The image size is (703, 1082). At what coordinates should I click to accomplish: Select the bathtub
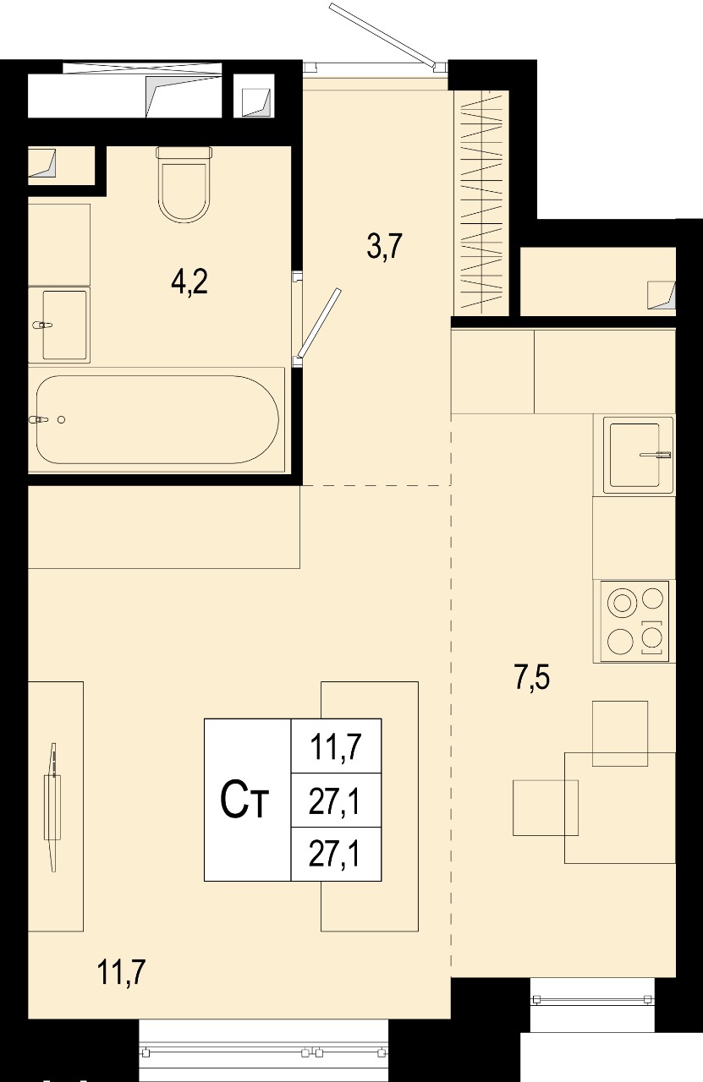point(157,420)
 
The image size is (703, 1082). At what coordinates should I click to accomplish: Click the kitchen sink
point(634,455)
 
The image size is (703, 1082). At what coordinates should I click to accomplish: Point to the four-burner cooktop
point(634,621)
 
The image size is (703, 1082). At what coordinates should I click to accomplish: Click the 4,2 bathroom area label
point(189,282)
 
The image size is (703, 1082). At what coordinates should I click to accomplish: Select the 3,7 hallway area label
point(384,246)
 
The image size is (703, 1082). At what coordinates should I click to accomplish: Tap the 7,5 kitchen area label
point(532,677)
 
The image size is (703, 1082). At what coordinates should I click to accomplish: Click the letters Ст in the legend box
point(244,801)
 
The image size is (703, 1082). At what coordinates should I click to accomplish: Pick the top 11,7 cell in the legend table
point(336,746)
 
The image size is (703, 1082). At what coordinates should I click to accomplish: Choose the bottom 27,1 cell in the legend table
point(336,855)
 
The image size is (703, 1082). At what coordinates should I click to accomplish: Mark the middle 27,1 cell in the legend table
point(336,801)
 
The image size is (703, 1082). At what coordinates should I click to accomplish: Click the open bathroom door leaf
point(319,323)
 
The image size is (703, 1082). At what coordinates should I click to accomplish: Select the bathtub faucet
point(40,420)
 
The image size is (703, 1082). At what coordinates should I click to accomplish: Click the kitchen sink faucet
point(656,455)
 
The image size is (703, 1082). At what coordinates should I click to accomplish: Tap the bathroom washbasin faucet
point(42,325)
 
